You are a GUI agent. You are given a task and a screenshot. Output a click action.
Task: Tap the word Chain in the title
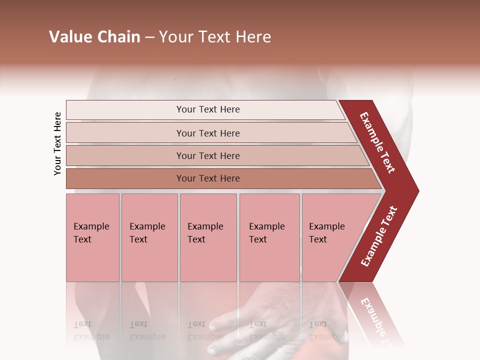pyautogui.click(x=118, y=37)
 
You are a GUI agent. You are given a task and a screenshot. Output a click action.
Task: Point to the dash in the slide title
pyautogui.click(x=149, y=37)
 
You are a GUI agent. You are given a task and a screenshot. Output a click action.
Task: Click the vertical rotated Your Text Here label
pyautogui.click(x=57, y=143)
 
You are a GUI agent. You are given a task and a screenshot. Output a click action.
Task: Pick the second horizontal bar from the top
pyautogui.click(x=208, y=133)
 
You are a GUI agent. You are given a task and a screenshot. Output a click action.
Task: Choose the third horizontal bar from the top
pyautogui.click(x=208, y=155)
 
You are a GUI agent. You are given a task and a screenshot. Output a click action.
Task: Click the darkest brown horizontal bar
pyautogui.click(x=208, y=178)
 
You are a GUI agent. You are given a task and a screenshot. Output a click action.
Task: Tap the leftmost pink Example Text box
pyautogui.click(x=92, y=237)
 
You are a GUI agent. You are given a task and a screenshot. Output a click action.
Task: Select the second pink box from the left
pyautogui.click(x=149, y=237)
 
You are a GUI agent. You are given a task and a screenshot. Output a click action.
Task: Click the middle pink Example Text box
pyautogui.click(x=208, y=237)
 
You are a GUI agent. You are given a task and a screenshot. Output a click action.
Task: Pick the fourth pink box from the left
pyautogui.click(x=269, y=237)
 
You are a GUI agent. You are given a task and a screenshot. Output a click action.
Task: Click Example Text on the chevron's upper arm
pyautogui.click(x=377, y=142)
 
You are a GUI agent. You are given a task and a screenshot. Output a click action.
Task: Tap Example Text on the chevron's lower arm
pyautogui.click(x=379, y=236)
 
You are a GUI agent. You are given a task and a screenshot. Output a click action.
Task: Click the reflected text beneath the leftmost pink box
pyautogui.click(x=91, y=330)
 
